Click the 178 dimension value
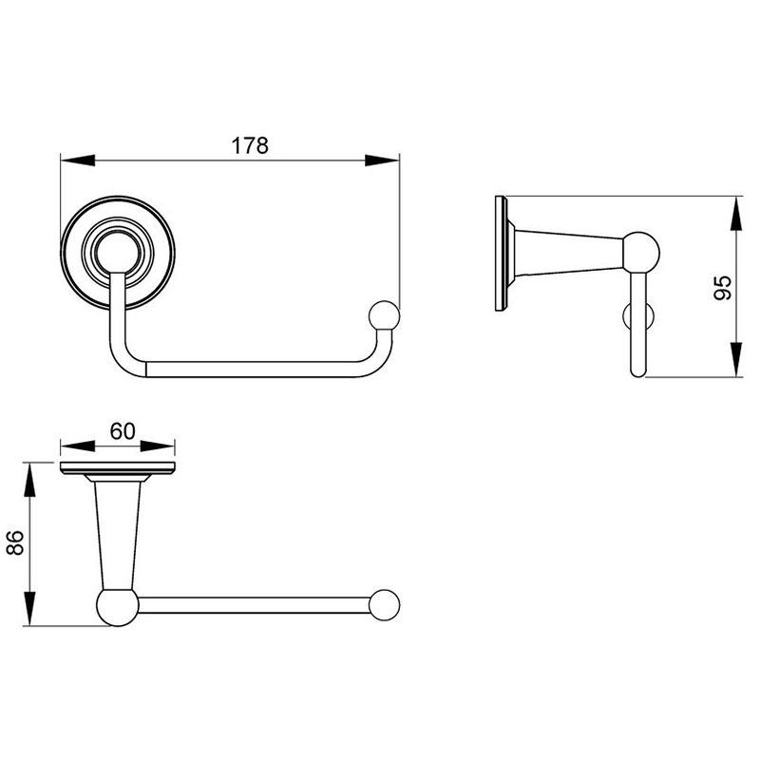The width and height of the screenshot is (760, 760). pyautogui.click(x=250, y=145)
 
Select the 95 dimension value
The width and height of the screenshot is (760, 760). pyautogui.click(x=723, y=288)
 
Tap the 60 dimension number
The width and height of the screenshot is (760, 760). pyautogui.click(x=123, y=431)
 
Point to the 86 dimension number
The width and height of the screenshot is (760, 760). pyautogui.click(x=15, y=542)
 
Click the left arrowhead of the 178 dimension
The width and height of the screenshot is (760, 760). pyautogui.click(x=78, y=161)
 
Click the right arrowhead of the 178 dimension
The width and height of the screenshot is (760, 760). pyautogui.click(x=382, y=161)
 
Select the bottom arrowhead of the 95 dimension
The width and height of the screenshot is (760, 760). pyautogui.click(x=735, y=360)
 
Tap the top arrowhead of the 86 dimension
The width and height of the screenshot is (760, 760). pyautogui.click(x=30, y=480)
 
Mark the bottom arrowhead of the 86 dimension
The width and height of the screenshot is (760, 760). pyautogui.click(x=30, y=608)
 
